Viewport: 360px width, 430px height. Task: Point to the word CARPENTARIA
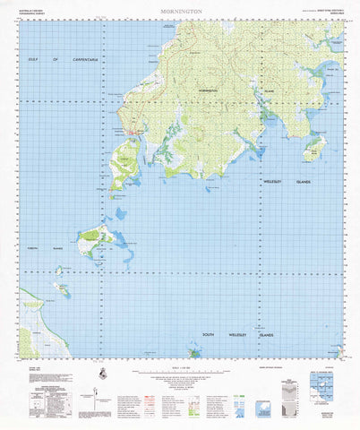coord(90,60)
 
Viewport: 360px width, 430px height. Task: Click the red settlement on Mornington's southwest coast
coord(134,135)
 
